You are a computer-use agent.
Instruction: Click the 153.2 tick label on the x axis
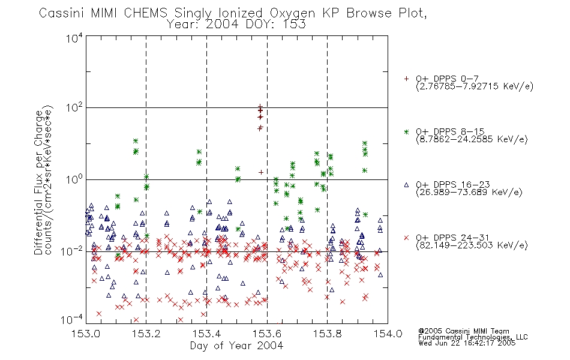[146, 334]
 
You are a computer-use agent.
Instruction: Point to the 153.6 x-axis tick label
[267, 334]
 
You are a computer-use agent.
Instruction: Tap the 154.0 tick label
[388, 334]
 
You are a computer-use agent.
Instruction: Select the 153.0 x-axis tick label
[86, 334]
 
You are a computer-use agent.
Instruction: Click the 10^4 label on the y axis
[74, 38]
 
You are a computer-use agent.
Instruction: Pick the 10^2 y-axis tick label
[74, 107]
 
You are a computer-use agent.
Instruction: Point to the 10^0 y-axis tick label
[74, 179]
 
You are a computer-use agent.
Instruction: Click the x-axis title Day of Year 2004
[236, 346]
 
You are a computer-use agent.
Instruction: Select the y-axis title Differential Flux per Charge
[38, 182]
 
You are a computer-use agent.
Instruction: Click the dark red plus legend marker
[406, 79]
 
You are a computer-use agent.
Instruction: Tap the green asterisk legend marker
[406, 131]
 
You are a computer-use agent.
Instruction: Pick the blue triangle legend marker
[406, 185]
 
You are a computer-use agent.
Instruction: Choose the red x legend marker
[406, 238]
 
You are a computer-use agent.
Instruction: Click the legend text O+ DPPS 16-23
[453, 185]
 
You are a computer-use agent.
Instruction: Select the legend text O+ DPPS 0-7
[447, 79]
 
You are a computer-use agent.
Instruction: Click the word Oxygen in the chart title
[292, 13]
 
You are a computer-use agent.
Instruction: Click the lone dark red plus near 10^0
[260, 172]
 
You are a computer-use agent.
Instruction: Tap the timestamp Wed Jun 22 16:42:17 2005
[467, 343]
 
